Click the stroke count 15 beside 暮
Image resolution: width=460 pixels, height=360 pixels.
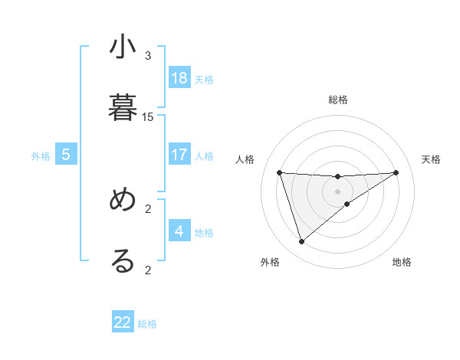148,117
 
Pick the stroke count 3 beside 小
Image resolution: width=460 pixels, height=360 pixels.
148,56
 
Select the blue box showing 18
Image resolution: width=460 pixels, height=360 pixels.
179,78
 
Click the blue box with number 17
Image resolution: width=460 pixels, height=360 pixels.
179,155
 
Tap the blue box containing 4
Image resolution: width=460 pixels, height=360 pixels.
179,231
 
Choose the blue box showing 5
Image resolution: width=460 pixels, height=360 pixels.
66,155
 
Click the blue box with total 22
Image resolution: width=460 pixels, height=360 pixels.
123,322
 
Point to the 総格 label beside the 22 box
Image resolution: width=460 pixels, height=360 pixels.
147,324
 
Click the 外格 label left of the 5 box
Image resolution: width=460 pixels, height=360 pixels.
41,156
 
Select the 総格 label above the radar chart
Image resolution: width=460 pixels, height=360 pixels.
338,100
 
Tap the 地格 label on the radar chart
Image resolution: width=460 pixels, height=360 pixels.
402,262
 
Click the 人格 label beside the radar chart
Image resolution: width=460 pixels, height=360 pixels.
245,159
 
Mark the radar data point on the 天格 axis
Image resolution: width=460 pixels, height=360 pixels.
396,172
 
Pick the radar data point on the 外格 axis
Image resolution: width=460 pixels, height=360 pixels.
301,242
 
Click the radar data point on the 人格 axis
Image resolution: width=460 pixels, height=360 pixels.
279,172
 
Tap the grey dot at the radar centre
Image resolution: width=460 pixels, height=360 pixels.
337,191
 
